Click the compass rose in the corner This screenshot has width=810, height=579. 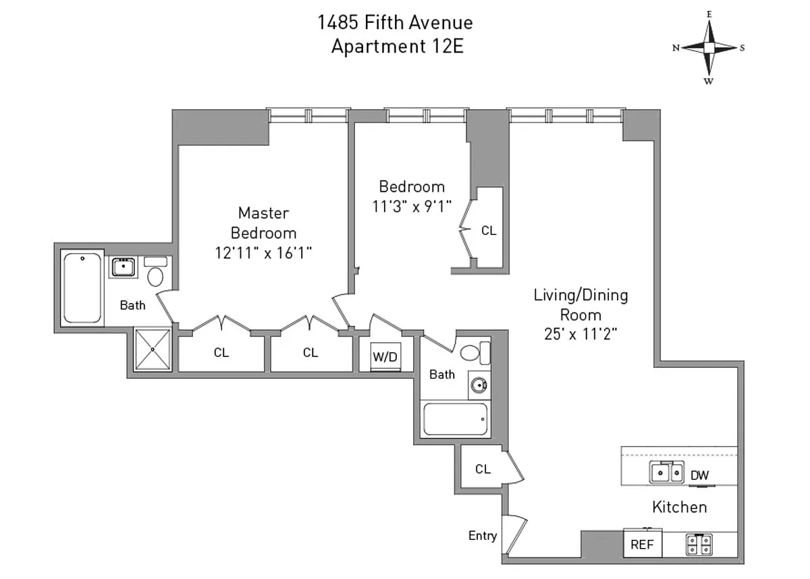coord(709,48)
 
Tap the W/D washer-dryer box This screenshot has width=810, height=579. coord(385,357)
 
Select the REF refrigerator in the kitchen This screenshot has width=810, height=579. coord(642,544)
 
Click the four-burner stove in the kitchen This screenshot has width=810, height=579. coord(699,544)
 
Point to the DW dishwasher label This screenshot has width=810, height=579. coord(700,475)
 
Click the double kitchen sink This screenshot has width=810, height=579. coord(666,473)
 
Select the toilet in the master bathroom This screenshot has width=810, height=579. coord(156,274)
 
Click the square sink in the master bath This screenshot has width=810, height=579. coord(124,267)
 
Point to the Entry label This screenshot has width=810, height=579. coord(483,536)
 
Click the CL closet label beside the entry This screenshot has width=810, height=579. coord(483,469)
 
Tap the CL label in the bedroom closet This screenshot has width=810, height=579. coord(489,231)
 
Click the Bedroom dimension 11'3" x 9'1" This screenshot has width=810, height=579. coord(411,206)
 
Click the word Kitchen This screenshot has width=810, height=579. coord(679,507)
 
